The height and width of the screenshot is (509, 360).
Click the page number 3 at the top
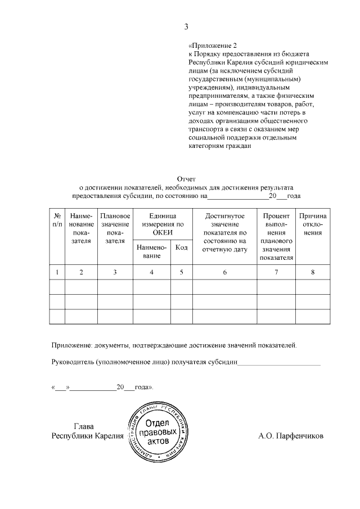tap(186, 27)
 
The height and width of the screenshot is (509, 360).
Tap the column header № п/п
tap(57, 220)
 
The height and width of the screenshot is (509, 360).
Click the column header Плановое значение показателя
tap(115, 228)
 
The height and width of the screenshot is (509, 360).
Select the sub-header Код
tap(182, 247)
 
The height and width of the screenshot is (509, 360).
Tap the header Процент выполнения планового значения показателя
tap(276, 237)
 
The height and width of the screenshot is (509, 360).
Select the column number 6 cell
tap(224, 272)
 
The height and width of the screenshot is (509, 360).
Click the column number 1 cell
tap(57, 272)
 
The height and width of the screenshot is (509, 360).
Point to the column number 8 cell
tap(313, 272)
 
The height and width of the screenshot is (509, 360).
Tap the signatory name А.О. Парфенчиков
tap(291, 436)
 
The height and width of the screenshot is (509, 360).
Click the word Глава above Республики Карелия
tap(84, 426)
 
